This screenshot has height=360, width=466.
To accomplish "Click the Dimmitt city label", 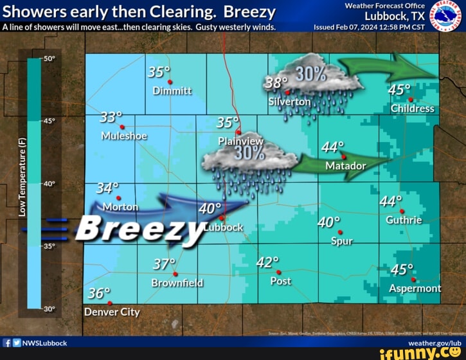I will [x=172, y=91].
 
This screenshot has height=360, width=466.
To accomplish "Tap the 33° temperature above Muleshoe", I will [x=111, y=117].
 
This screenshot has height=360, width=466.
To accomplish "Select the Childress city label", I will [x=412, y=108].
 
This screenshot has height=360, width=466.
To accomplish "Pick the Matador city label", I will [x=346, y=166].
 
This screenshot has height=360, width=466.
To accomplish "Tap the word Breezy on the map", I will [x=141, y=228].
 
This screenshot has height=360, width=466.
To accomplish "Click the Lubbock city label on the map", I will [x=224, y=227].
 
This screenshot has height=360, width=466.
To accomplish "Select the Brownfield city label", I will [x=177, y=282].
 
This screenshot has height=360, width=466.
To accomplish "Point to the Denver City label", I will [x=112, y=312].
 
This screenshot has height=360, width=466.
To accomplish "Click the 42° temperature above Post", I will [x=267, y=262].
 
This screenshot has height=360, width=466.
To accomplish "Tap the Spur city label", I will [x=341, y=241].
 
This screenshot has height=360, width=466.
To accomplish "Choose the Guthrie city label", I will [x=404, y=220].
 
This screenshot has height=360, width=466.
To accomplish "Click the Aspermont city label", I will [x=415, y=288].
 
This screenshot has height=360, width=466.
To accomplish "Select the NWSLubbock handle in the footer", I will [x=44, y=343].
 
